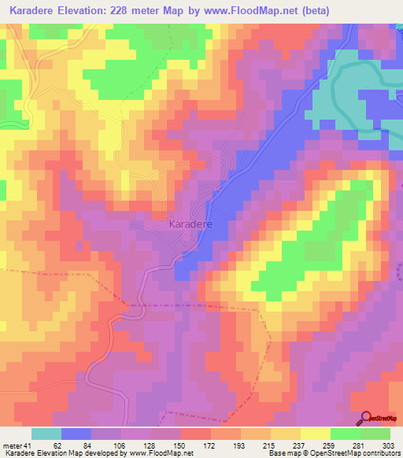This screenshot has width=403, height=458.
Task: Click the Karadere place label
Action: click(189, 223)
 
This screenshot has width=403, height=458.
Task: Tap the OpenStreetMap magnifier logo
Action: click(364, 419)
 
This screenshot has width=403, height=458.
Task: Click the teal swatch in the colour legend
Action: click(46, 434)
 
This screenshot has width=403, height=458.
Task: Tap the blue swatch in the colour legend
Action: click(76, 434)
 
